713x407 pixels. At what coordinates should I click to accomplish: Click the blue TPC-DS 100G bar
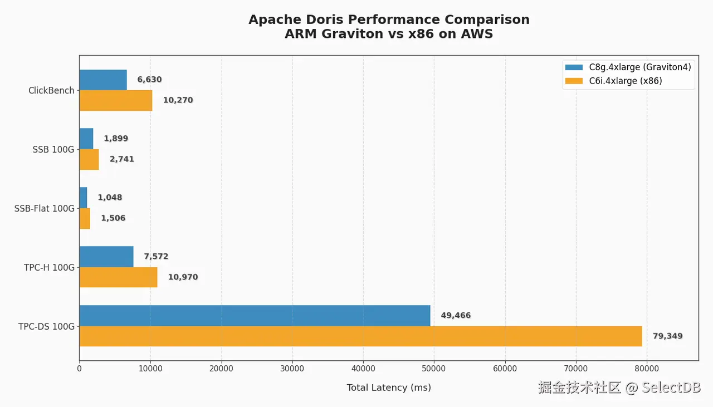(x=255, y=316)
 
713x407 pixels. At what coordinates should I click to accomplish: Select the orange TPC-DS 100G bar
(x=360, y=336)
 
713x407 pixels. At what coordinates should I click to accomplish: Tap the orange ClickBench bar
(x=116, y=100)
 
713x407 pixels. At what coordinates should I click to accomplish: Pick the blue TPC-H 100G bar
(x=106, y=257)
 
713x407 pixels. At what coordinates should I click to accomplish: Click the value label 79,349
(x=667, y=336)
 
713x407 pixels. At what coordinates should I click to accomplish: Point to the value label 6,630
(x=149, y=80)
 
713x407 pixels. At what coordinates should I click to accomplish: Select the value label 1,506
(x=113, y=218)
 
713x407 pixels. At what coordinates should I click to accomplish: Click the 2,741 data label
(x=121, y=159)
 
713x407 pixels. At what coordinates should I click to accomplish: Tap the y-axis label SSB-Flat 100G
(x=44, y=209)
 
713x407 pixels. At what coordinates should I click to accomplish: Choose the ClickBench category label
(x=51, y=90)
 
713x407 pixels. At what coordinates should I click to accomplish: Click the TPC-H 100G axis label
(x=49, y=267)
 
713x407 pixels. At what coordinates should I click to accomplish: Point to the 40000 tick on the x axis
(x=363, y=368)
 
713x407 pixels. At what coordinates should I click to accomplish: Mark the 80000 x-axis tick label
(x=647, y=368)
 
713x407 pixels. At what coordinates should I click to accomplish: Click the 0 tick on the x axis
(x=80, y=368)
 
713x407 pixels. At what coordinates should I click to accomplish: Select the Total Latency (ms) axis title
(x=389, y=388)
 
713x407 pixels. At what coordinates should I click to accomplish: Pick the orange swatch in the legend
(x=574, y=81)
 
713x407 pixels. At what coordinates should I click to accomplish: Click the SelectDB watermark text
(x=671, y=388)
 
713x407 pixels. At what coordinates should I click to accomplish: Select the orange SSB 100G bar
(x=89, y=159)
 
